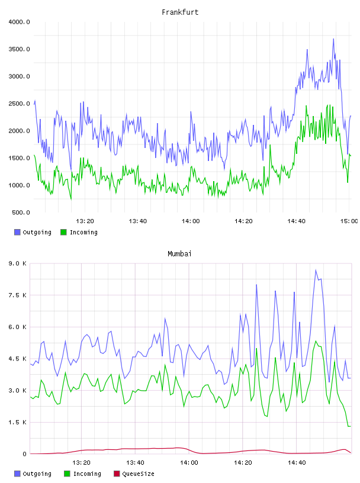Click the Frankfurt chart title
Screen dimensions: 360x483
[180, 12]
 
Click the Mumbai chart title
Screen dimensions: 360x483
[179, 253]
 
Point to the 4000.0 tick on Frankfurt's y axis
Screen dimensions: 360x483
[19, 22]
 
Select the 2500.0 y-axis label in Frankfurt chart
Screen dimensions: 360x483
[19, 104]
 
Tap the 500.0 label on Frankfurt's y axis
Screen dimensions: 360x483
[21, 212]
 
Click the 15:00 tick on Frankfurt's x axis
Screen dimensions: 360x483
[349, 221]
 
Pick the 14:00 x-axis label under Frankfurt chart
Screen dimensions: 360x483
[191, 221]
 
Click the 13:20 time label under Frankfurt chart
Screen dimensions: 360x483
[85, 221]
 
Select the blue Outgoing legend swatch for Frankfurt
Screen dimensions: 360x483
[17, 232]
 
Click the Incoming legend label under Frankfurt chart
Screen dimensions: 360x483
[83, 232]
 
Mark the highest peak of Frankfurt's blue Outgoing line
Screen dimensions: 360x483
[333, 39]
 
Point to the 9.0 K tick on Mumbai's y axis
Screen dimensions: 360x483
[17, 263]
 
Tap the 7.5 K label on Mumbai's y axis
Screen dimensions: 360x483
[17, 295]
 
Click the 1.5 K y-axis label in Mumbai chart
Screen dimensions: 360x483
[17, 422]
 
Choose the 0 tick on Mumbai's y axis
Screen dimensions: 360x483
[24, 454]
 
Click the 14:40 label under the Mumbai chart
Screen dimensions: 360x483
[297, 462]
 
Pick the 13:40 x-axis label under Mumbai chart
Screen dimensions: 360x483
[135, 462]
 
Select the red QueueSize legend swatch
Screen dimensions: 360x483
[117, 474]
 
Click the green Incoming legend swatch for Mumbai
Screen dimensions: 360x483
[67, 474]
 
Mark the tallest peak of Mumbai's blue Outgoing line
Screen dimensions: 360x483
[316, 270]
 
